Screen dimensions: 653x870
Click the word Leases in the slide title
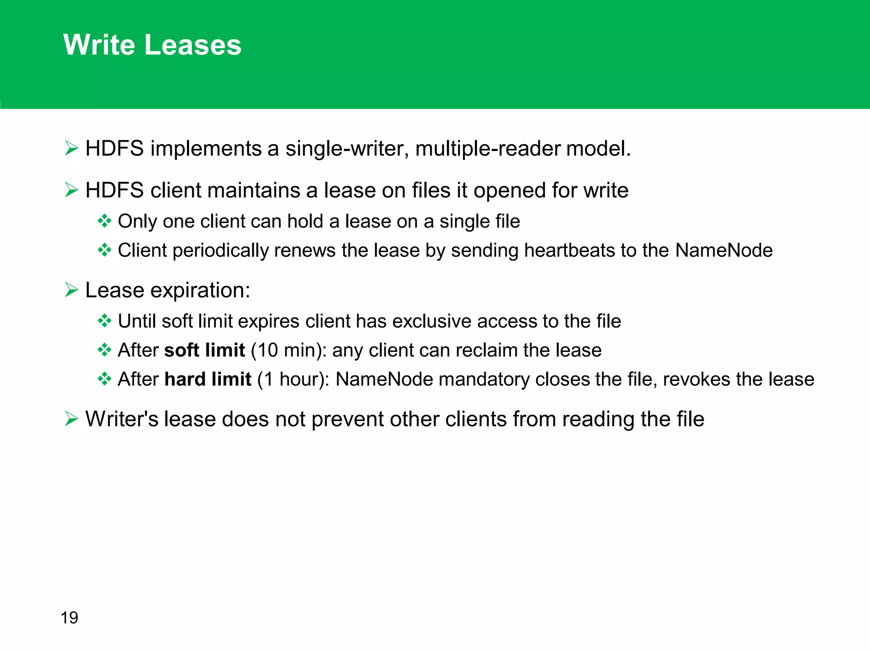pyautogui.click(x=192, y=45)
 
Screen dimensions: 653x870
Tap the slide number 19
pyautogui.click(x=69, y=618)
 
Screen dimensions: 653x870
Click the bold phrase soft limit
pyautogui.click(x=204, y=350)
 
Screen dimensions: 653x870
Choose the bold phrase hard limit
pyautogui.click(x=208, y=379)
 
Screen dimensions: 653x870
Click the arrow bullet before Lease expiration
pyautogui.click(x=71, y=290)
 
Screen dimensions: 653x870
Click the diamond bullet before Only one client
pyautogui.click(x=104, y=221)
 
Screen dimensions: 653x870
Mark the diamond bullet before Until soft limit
pyautogui.click(x=104, y=321)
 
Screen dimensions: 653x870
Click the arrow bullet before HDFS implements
pyautogui.click(x=71, y=148)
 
